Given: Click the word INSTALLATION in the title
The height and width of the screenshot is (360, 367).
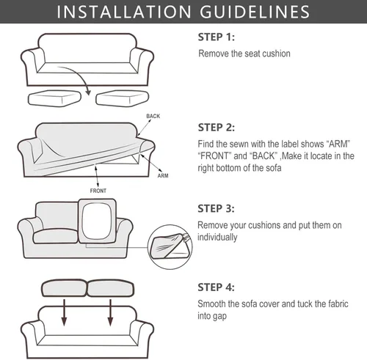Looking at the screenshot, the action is (124, 12).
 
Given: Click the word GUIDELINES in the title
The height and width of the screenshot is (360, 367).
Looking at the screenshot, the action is (255, 12).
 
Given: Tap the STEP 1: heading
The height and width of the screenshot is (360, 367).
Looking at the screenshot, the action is (217, 37).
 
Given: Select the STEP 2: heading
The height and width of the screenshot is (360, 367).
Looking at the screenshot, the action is (217, 128).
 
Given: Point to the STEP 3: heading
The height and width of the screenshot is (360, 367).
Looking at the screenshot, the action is (216, 209).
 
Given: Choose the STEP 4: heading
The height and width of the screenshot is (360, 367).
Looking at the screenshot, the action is (216, 287).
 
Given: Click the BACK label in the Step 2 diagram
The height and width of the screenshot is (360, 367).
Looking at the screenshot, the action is (153, 116).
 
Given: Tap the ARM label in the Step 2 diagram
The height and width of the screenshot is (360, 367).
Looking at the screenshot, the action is (163, 176).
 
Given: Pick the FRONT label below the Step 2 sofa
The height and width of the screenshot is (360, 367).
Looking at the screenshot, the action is (98, 191).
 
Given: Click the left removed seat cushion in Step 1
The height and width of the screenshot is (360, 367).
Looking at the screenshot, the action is (54, 98).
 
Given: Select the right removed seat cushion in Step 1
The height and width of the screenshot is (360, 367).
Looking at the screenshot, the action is (123, 98).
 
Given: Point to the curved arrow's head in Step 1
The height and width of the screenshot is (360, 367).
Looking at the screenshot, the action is (88, 92).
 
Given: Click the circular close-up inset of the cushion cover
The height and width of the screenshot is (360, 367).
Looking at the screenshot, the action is (170, 247).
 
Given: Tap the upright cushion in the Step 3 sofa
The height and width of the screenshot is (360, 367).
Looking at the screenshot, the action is (98, 221).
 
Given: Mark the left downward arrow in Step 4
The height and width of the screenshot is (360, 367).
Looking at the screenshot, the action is (64, 313).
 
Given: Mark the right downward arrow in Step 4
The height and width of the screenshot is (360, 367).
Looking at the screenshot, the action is (110, 313).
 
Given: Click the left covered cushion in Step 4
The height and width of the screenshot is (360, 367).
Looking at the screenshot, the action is (65, 288).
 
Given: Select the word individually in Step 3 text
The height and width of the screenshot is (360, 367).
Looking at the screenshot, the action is (217, 238).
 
